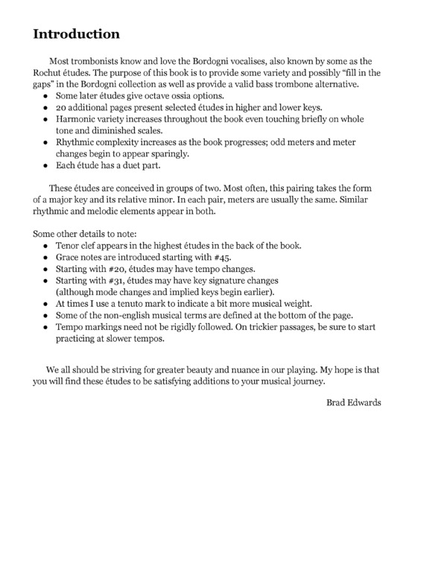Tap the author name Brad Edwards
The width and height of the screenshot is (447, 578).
355,403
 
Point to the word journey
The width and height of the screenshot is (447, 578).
307,381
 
